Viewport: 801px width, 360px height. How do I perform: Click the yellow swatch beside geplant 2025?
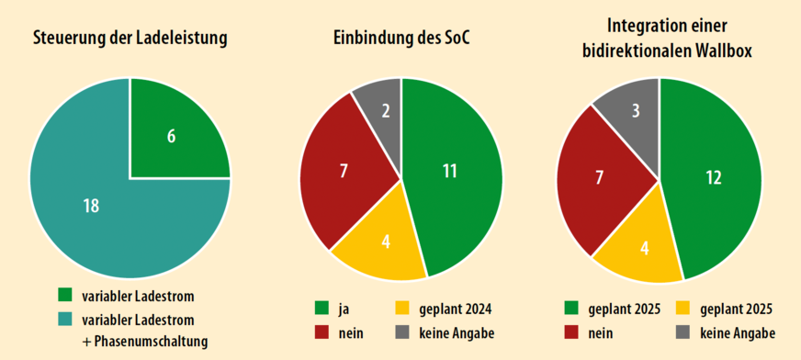(x=683, y=308)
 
